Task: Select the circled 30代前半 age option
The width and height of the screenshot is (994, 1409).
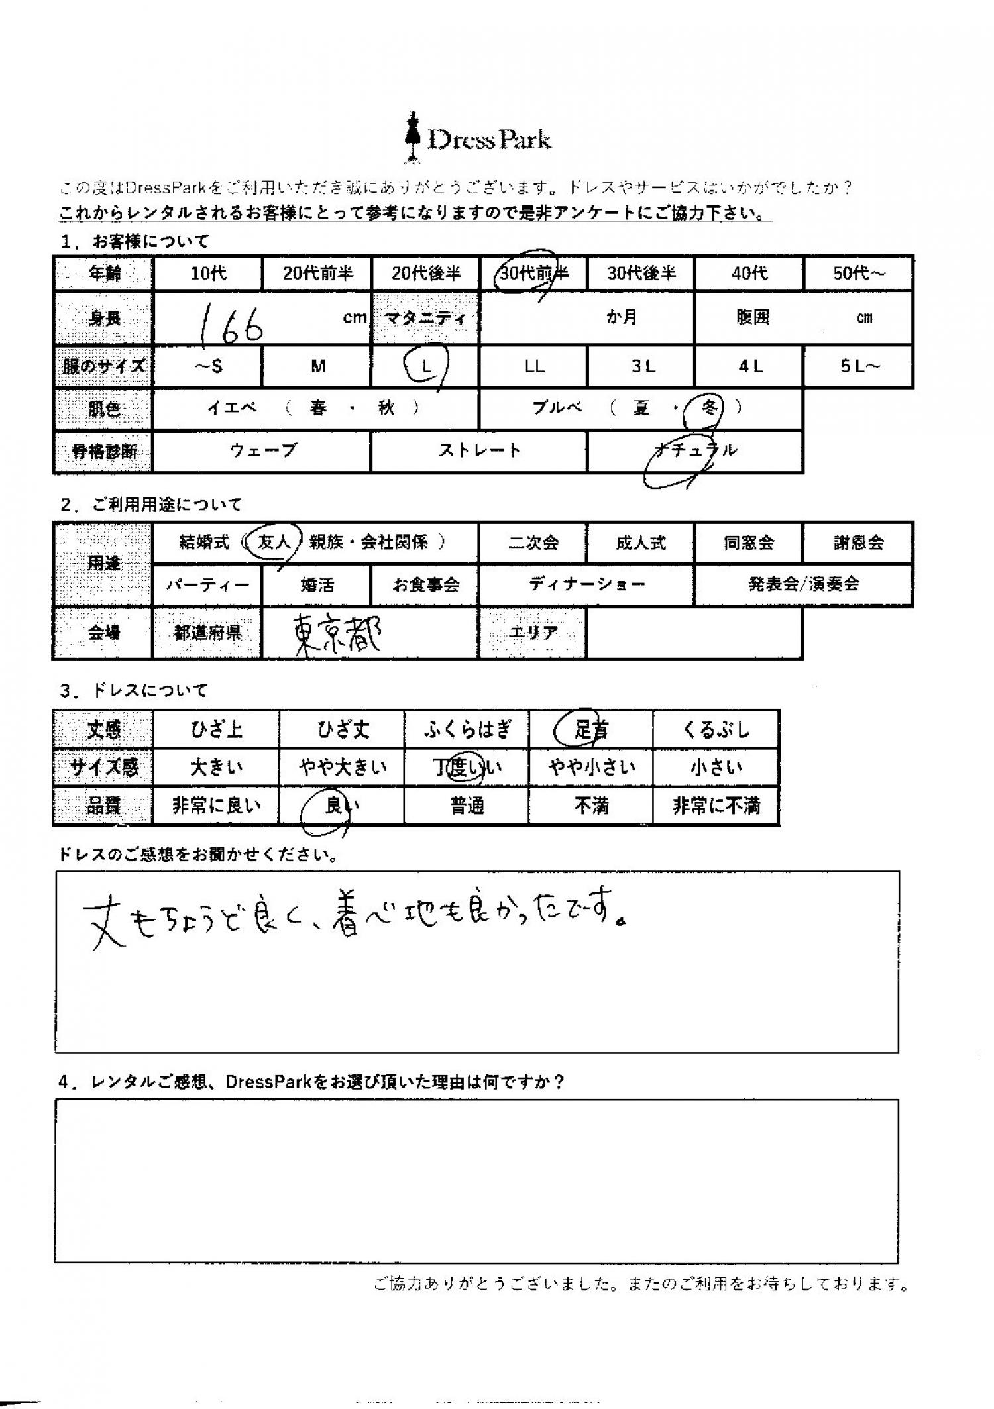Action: (x=532, y=272)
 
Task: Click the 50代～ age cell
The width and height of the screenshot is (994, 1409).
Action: (x=858, y=273)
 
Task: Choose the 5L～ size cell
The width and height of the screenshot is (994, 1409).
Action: (x=858, y=366)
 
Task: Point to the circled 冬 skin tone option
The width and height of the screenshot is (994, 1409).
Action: (x=709, y=408)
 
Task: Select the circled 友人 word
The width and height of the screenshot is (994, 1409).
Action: (x=274, y=543)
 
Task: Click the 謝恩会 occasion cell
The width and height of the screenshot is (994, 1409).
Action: (x=858, y=543)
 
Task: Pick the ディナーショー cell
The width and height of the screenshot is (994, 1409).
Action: (x=586, y=584)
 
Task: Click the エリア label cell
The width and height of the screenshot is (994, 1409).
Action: (x=533, y=633)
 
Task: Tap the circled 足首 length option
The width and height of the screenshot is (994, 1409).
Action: (x=590, y=729)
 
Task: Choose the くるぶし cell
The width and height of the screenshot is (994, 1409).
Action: (x=716, y=729)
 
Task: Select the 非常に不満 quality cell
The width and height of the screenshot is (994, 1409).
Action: (x=716, y=806)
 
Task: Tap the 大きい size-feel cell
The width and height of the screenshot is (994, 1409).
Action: (x=216, y=768)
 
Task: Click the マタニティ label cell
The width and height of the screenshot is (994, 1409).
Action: (x=425, y=318)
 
